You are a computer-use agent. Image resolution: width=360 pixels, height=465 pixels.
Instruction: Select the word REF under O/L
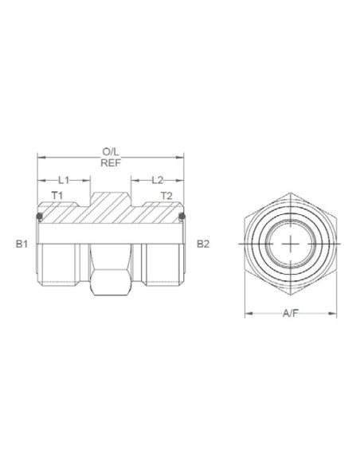pyautogui.click(x=111, y=163)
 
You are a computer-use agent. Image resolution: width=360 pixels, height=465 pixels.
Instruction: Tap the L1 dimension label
pyautogui.click(x=65, y=181)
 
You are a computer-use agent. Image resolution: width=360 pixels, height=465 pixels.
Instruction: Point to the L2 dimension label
pyautogui.click(x=157, y=181)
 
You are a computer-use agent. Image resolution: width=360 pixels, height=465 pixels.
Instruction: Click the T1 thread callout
pyautogui.click(x=57, y=196)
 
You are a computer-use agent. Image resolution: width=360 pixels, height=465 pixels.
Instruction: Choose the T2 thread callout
pyautogui.click(x=166, y=196)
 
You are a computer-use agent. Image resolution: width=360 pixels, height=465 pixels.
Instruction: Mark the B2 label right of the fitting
pyautogui.click(x=203, y=244)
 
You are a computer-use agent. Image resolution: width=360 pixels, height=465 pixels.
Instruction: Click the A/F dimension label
pyautogui.click(x=292, y=313)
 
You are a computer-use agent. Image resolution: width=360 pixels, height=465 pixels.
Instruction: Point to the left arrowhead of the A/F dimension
pyautogui.click(x=247, y=313)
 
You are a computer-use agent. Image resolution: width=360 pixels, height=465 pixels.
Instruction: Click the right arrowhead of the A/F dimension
pyautogui.click(x=338, y=313)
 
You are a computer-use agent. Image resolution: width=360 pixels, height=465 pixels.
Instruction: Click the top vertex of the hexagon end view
pyautogui.click(x=292, y=191)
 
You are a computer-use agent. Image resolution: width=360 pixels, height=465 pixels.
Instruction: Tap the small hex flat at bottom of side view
pyautogui.click(x=111, y=283)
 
